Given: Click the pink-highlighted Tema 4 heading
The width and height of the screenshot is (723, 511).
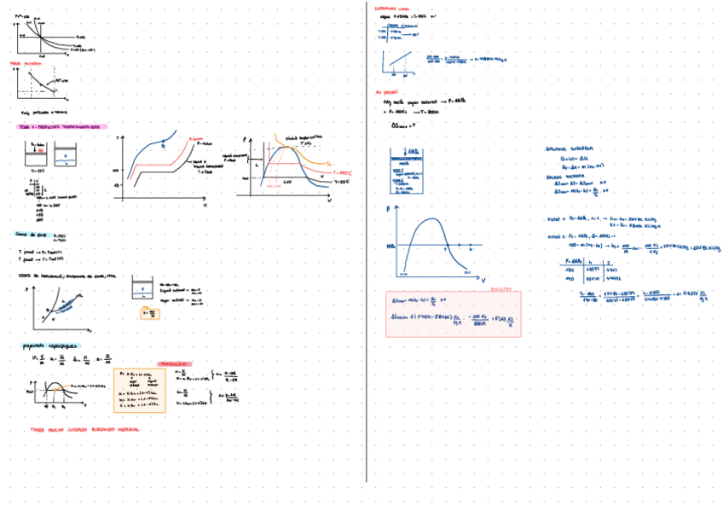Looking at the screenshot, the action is (59, 126).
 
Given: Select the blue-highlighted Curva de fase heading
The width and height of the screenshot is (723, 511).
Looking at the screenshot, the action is (32, 234).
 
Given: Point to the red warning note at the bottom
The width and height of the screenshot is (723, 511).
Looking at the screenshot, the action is (84, 429).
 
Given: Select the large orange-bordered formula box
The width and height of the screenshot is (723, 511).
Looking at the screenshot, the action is (139, 390).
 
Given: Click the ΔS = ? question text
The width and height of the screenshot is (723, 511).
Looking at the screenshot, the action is (402, 125).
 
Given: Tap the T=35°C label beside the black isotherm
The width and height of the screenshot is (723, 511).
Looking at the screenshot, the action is (341, 181).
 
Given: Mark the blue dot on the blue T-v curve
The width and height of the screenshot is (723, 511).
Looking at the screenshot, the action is (164, 146).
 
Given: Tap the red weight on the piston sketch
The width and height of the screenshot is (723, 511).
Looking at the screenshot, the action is (36, 151).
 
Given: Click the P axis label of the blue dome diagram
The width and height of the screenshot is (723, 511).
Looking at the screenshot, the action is (388, 207).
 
